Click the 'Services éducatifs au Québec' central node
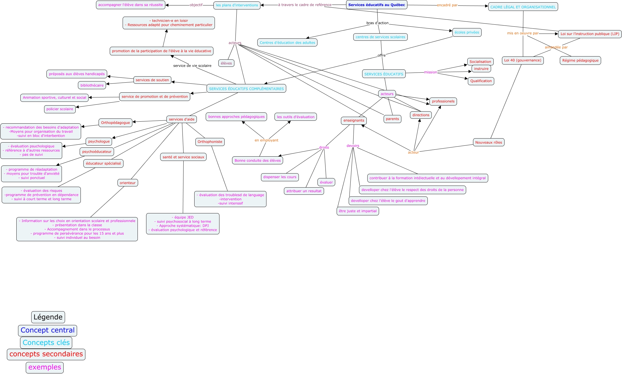(x=376, y=5)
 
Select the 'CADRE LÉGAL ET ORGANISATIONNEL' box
(x=523, y=7)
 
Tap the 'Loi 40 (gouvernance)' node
(x=523, y=61)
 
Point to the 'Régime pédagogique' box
(x=580, y=61)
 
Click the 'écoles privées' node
(x=467, y=32)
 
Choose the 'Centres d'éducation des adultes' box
(x=287, y=43)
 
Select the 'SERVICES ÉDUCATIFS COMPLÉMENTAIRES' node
(x=246, y=89)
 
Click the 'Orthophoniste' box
(x=210, y=142)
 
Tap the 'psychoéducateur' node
(x=97, y=152)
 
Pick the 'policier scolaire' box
(x=60, y=109)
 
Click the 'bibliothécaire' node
(x=92, y=85)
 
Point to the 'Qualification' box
(x=481, y=81)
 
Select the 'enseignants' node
(x=354, y=120)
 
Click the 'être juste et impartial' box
(x=358, y=211)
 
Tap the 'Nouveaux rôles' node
(x=488, y=143)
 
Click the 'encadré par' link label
(x=447, y=5)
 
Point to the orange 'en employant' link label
(x=266, y=140)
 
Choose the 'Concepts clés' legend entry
(x=46, y=343)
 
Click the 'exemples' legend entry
(x=45, y=367)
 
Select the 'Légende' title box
(x=48, y=317)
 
